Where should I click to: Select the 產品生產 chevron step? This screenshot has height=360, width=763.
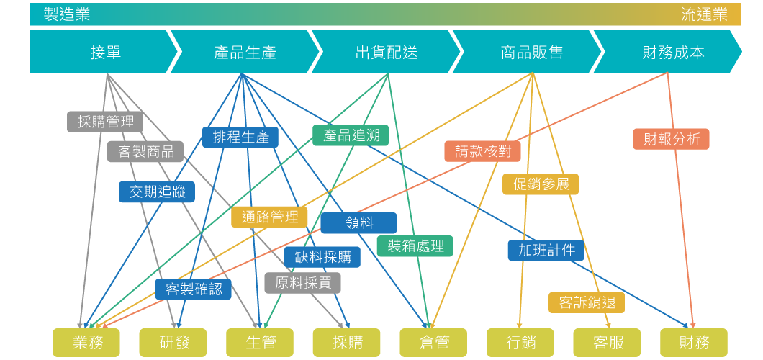pyautogui.click(x=245, y=52)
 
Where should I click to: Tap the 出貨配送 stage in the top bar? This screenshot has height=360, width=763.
pyautogui.click(x=387, y=52)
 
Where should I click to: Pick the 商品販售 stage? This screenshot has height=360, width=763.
pyautogui.click(x=531, y=52)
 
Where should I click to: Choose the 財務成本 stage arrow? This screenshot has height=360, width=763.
pyautogui.click(x=673, y=52)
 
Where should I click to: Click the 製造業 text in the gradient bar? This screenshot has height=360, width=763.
pyautogui.click(x=66, y=14)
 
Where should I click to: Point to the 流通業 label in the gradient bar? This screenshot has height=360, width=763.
pyautogui.click(x=704, y=14)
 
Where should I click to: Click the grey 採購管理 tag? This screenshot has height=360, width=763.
pyautogui.click(x=105, y=122)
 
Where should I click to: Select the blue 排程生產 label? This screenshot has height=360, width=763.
pyautogui.click(x=240, y=137)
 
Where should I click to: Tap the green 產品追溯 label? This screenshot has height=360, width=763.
pyautogui.click(x=351, y=135)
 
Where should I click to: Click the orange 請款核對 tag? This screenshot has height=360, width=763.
pyautogui.click(x=482, y=151)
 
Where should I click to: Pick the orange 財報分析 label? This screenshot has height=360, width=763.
pyautogui.click(x=671, y=139)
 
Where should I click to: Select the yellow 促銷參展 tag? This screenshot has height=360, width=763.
pyautogui.click(x=541, y=184)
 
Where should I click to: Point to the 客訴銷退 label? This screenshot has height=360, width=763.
pyautogui.click(x=587, y=302)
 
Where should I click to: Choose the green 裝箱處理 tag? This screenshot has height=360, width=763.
pyautogui.click(x=415, y=246)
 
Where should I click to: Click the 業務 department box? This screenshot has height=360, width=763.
pyautogui.click(x=87, y=342)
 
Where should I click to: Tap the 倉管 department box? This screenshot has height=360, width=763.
pyautogui.click(x=433, y=342)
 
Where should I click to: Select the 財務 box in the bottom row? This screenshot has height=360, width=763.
pyautogui.click(x=694, y=342)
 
